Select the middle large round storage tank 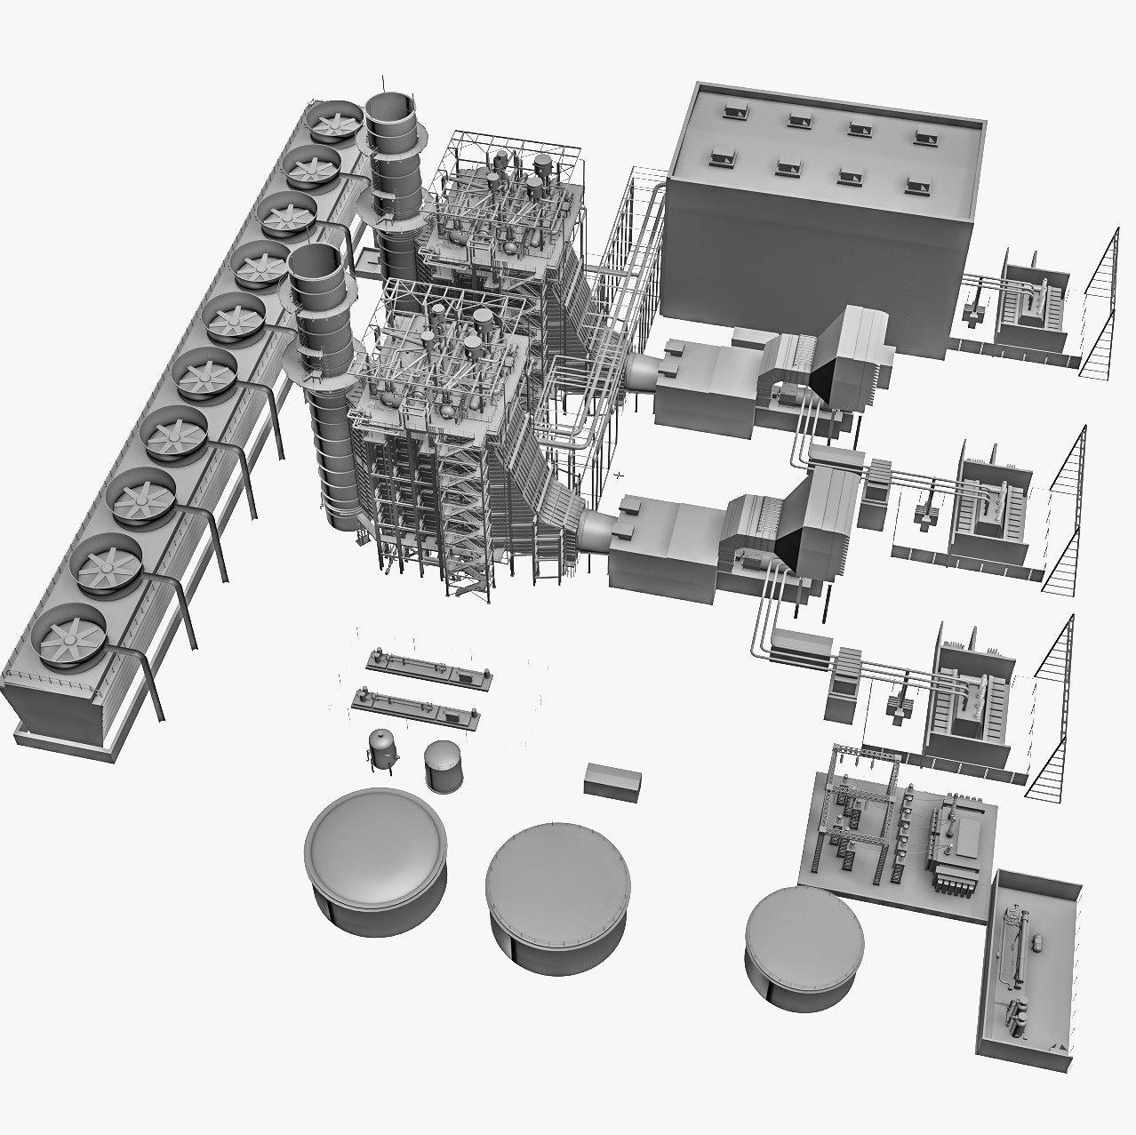558,878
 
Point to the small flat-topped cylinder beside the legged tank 443,765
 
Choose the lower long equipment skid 415,706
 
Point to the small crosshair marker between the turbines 620,475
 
